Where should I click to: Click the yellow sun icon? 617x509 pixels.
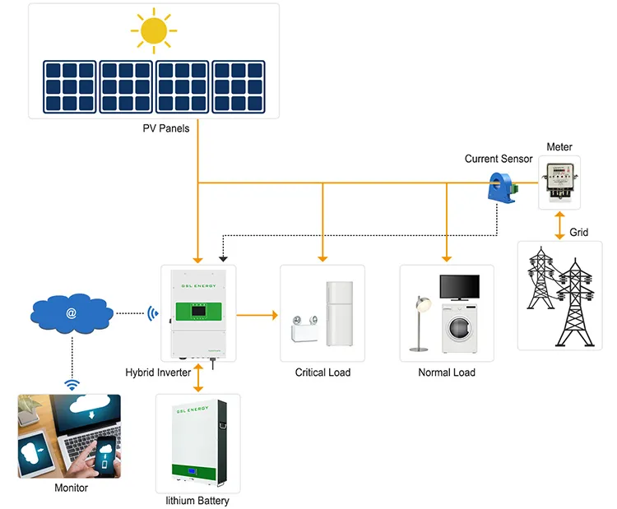point(154,31)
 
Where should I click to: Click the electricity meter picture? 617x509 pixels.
point(559,182)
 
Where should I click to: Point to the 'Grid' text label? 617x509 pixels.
point(579,233)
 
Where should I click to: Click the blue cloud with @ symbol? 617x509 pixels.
point(72,312)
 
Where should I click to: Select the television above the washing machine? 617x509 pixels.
point(459,288)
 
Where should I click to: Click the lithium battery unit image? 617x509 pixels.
point(197,444)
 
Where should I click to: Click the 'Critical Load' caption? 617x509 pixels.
point(322,372)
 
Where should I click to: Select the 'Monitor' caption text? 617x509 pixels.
point(71,488)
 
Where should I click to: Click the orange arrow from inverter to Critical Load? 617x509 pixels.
point(257,314)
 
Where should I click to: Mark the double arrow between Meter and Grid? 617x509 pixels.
point(559,223)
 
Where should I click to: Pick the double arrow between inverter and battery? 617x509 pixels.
point(197,376)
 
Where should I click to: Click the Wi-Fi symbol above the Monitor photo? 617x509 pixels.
point(72,384)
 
